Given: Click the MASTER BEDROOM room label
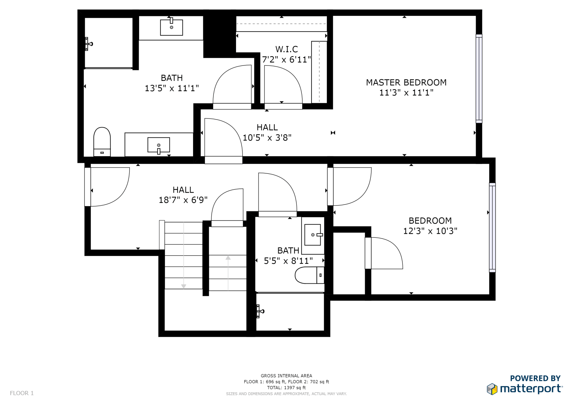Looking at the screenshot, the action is coord(406,82).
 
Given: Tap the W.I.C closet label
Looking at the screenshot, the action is coord(286,49).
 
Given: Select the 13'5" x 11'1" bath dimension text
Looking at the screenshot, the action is coord(172,88).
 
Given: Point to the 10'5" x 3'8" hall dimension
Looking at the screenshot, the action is coord(267,138).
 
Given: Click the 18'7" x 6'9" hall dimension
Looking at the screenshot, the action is coord(183,200).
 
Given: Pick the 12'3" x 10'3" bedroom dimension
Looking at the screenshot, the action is coord(430,231).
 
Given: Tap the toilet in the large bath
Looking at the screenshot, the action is coord(102,142).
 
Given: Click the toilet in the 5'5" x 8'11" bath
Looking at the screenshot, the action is coord(309,275).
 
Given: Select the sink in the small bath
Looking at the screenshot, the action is coord(313,235).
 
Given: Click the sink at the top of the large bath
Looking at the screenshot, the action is coord(171,27).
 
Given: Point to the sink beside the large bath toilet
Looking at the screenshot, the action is coord(159,145).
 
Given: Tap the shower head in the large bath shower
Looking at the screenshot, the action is coord(89,44).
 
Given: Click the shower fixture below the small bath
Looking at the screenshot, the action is coord(260,311).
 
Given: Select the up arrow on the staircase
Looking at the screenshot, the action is coord(228,273).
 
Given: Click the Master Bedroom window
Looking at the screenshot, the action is coord(479,79).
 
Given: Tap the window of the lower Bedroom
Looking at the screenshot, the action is coord(492,228).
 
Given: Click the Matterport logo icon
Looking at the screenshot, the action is coord(492,389).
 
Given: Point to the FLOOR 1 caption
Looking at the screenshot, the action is coord(22,393).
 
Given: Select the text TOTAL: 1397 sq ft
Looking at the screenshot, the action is coord(286,388).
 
